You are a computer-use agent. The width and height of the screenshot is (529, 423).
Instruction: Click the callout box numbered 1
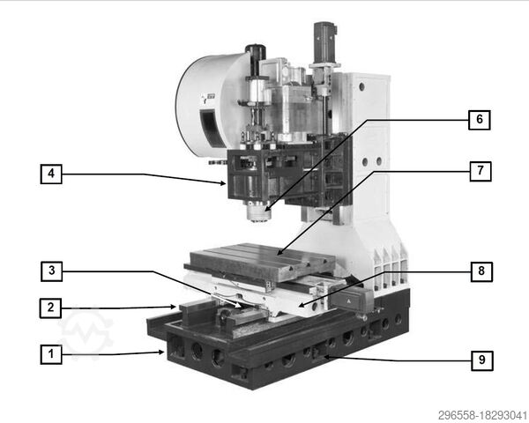tap(51, 355)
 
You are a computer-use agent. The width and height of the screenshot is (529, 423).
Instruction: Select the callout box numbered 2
tap(51, 308)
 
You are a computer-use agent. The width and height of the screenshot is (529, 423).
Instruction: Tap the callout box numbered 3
tap(51, 270)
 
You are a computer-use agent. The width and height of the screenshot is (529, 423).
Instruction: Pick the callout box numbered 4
tap(51, 174)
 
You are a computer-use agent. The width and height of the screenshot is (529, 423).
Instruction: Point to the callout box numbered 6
tap(479, 119)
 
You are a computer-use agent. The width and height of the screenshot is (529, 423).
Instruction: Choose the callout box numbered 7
tap(479, 171)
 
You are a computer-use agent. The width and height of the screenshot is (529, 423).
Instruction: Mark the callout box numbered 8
tap(479, 271)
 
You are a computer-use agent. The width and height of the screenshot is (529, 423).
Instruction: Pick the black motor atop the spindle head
tap(256, 60)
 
